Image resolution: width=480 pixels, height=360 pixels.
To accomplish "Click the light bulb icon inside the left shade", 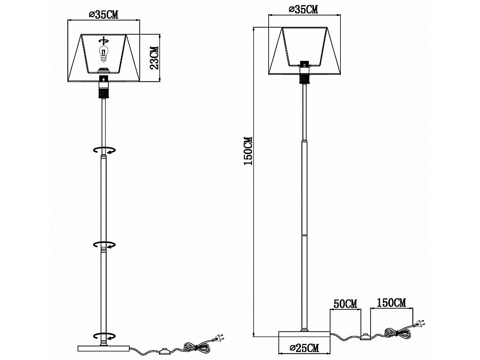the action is coord(104,54).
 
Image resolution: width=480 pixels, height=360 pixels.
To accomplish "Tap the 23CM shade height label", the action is coord(155,58).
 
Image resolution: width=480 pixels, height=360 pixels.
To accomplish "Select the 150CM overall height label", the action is coord(248,151).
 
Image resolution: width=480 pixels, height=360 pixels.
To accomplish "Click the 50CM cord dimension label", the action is coord(345,305).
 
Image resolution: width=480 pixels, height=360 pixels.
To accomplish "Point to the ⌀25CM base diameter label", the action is coord(305,348).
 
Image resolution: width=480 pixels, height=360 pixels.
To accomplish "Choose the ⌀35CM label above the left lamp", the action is coord(103,15).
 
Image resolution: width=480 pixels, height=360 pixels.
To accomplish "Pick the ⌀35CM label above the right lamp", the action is coord(303,10).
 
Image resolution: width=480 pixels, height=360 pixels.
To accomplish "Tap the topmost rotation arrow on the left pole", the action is coord(105,150).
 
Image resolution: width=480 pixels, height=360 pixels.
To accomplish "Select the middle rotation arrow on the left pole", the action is coord(105,244).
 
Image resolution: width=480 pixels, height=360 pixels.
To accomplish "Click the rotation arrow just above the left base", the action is coord(105,336).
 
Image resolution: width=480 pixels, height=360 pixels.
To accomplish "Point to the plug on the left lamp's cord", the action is coord(219,338).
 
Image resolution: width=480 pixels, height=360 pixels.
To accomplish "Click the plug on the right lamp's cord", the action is coord(420,323).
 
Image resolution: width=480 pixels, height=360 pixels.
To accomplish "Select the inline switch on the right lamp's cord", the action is coord(365,337).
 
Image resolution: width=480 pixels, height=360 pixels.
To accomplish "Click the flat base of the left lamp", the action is coord(104,348).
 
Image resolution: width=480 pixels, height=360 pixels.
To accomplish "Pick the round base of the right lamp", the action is coord(305,334).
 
